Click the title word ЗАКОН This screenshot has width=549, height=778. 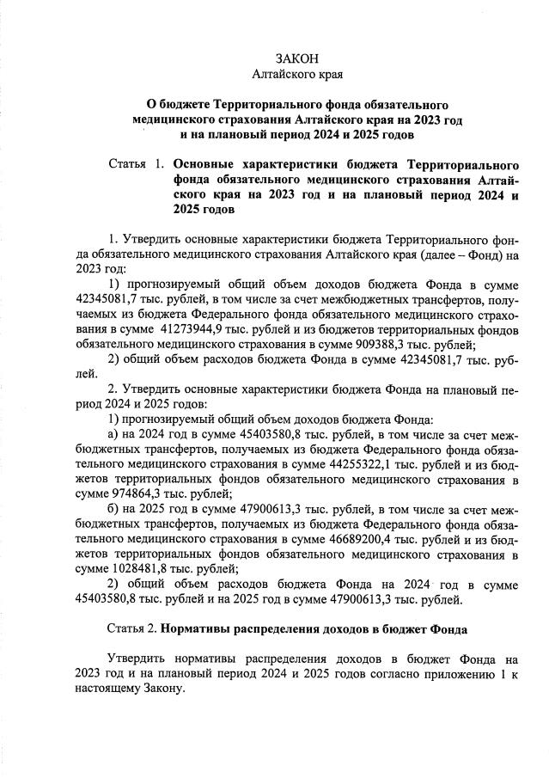(x=296, y=59)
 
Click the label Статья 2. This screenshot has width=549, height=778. (x=132, y=630)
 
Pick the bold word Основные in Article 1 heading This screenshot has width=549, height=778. (x=206, y=163)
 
